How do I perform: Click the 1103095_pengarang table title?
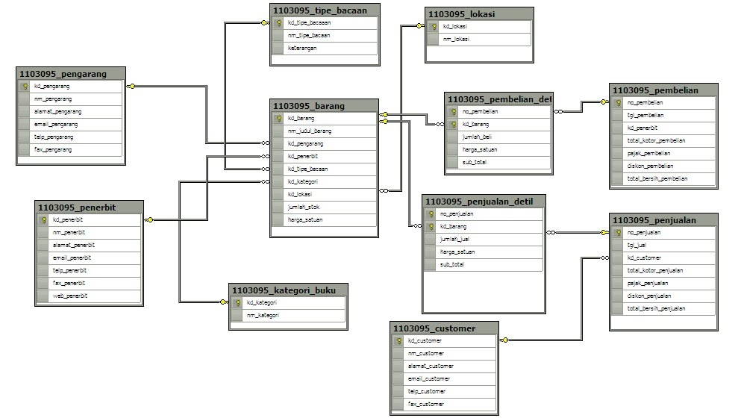(x=63, y=74)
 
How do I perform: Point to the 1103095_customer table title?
(x=434, y=328)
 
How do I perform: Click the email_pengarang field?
(x=56, y=124)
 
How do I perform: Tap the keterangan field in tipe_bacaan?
(x=302, y=48)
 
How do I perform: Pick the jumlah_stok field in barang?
(x=304, y=207)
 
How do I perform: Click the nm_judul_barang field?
(x=309, y=131)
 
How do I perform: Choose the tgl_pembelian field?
(x=646, y=115)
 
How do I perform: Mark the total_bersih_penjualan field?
(x=656, y=308)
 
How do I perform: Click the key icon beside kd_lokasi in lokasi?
(x=434, y=26)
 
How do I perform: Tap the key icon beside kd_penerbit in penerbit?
(x=44, y=219)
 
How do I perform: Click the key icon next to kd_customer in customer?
(x=399, y=340)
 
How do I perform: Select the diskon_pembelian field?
(x=650, y=166)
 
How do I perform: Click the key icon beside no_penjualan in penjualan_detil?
(x=431, y=213)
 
